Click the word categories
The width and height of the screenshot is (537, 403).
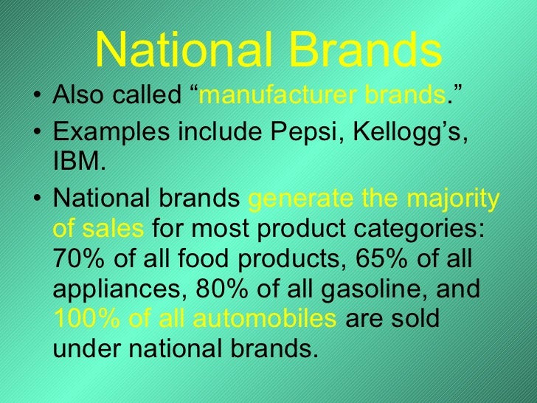tap(428, 230)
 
